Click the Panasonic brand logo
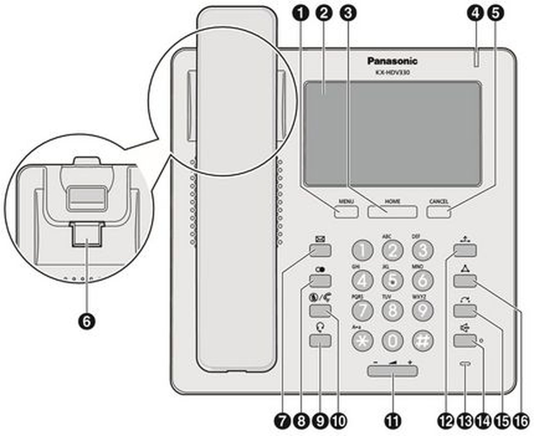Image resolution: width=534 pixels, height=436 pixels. tap(392, 61)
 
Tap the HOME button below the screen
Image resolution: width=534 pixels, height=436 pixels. tap(392, 212)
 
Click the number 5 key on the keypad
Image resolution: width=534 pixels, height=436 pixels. tap(392, 280)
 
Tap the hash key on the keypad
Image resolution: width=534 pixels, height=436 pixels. tap(423, 341)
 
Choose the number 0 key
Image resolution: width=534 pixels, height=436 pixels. tap(392, 341)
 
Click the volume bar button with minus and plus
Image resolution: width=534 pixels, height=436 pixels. tap(392, 371)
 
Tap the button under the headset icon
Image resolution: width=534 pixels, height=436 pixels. tap(320, 341)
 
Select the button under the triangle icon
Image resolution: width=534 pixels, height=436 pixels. tap(465, 281)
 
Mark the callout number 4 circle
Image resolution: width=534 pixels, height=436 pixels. tap(476, 13)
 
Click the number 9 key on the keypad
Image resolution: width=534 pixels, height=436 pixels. tap(423, 311)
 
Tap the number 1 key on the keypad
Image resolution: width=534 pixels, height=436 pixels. tap(362, 250)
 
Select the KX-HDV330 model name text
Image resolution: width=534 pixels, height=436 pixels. tap(392, 73)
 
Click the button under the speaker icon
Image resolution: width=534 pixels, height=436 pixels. tap(465, 341)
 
